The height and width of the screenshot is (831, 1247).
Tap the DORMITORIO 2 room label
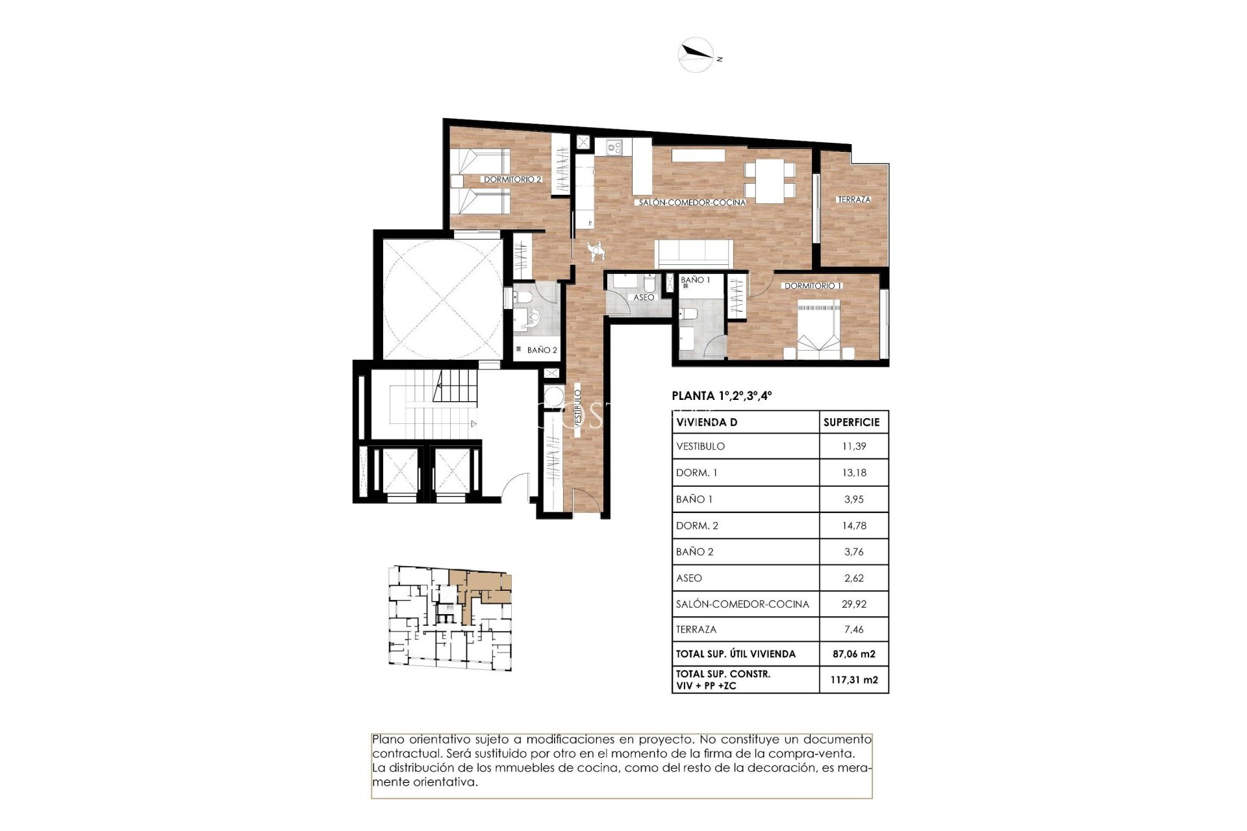(x=512, y=179)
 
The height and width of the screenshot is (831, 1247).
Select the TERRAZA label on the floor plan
(x=853, y=199)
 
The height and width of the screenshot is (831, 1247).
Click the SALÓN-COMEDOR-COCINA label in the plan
(x=692, y=203)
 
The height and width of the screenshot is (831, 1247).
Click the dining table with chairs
(x=770, y=180)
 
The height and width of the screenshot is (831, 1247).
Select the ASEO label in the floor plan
(x=643, y=297)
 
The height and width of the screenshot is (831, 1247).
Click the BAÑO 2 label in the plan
(x=542, y=350)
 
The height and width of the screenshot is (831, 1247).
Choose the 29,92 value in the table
(x=853, y=604)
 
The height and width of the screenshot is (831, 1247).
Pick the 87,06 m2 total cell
(x=854, y=654)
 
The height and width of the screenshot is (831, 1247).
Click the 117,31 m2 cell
(x=853, y=680)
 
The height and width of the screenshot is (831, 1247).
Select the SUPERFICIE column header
(x=851, y=423)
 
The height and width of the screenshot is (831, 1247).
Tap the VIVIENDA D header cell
(x=706, y=423)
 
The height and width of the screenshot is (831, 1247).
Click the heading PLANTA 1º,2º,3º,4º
(x=722, y=395)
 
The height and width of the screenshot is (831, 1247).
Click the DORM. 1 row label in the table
(x=696, y=473)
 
